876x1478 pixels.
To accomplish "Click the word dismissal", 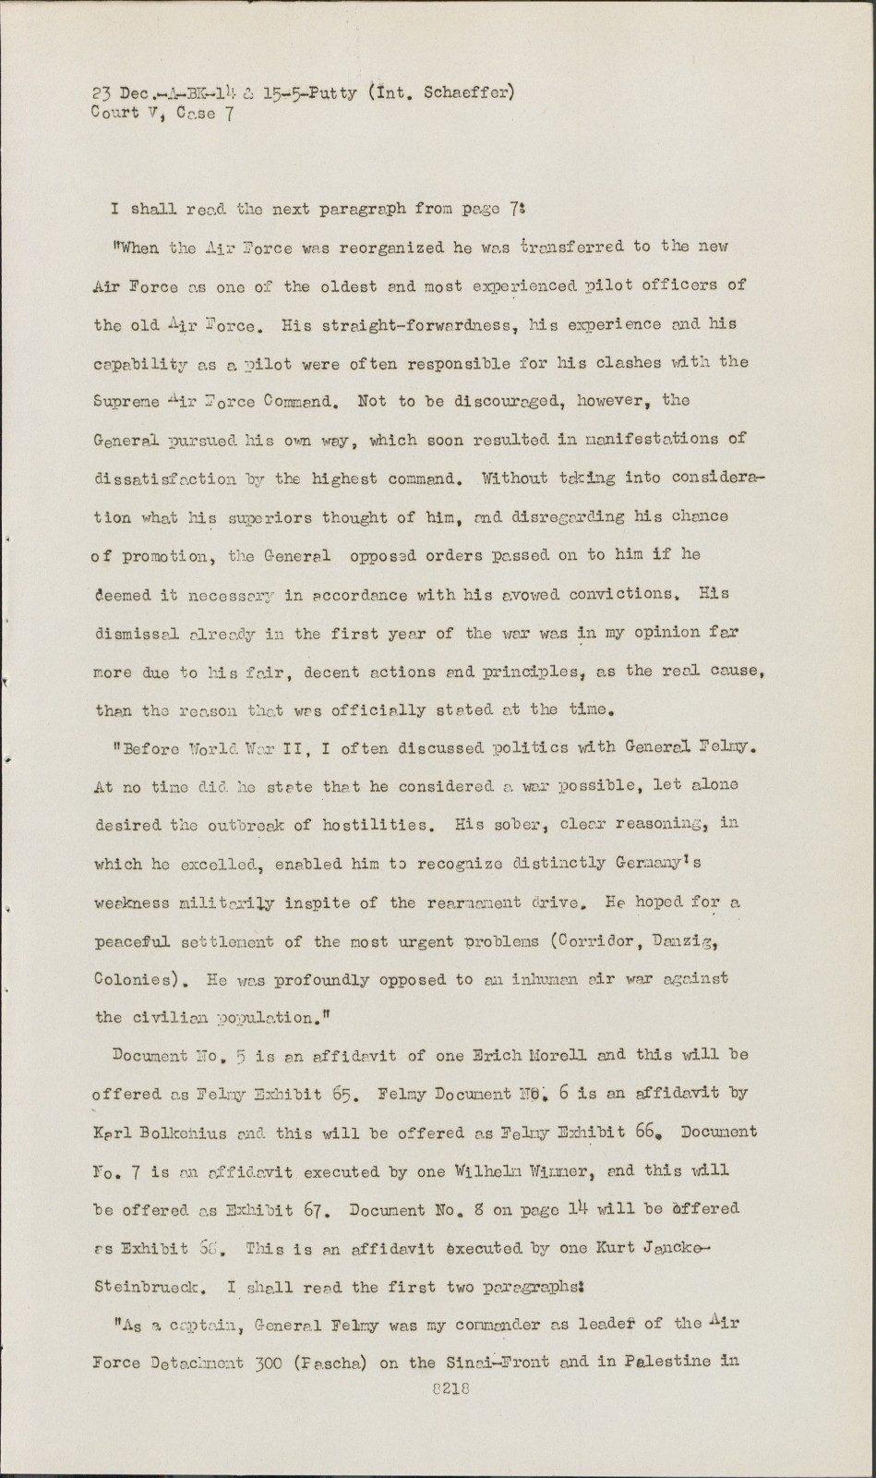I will pyautogui.click(x=138, y=635).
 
